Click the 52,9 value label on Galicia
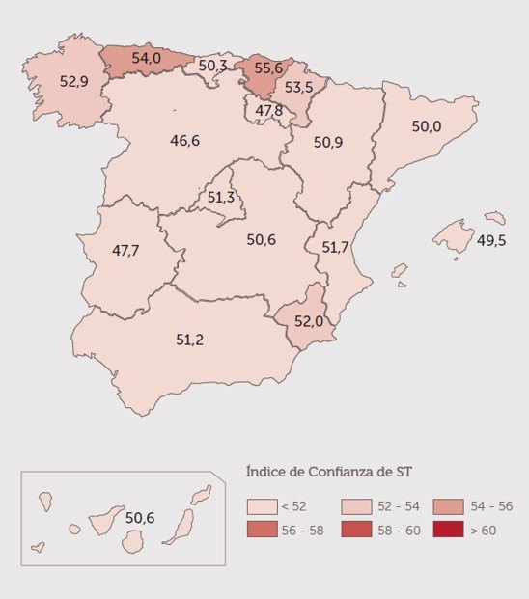click(x=74, y=81)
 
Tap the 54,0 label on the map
click(x=146, y=58)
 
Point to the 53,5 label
click(x=298, y=87)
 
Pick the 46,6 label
click(x=184, y=140)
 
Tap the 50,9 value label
click(x=328, y=142)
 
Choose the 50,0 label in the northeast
click(x=426, y=126)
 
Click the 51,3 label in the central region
click(x=221, y=197)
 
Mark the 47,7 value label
click(x=125, y=250)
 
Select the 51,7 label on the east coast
click(x=335, y=247)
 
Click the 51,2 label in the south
click(x=189, y=339)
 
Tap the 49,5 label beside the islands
click(x=491, y=240)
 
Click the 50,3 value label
click(x=212, y=66)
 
